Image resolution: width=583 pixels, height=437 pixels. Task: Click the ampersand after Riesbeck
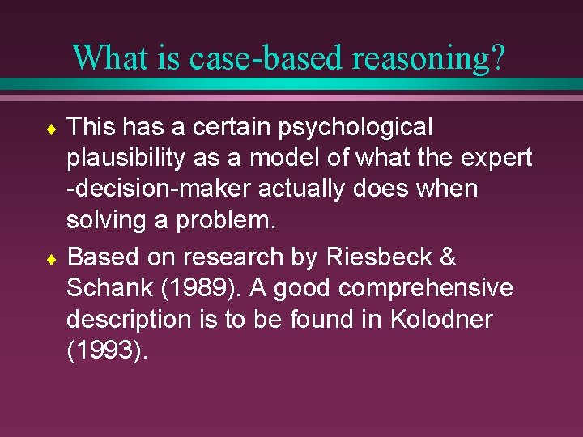(448, 258)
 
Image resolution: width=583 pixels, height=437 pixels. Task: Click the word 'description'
(126, 320)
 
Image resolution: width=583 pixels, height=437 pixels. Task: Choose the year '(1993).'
(108, 350)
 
